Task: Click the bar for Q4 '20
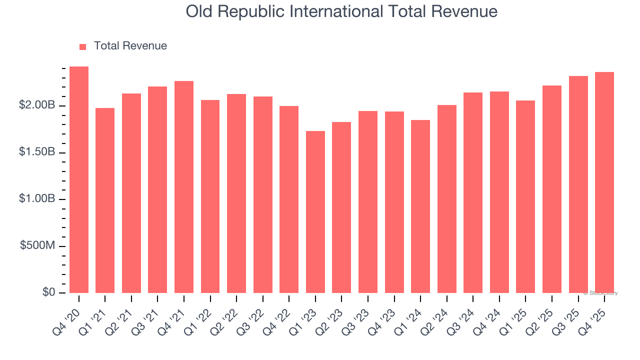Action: pos(79,179)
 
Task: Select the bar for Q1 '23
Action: pos(315,212)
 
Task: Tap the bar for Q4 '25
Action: pos(604,182)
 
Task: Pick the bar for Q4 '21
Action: pos(184,187)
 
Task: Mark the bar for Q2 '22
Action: pos(236,193)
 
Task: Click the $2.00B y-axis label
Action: pos(37,105)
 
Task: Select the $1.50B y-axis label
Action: pos(37,152)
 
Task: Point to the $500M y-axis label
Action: pos(38,245)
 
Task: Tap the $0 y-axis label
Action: pos(48,292)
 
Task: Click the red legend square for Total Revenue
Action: pos(83,46)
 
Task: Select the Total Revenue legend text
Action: pos(130,46)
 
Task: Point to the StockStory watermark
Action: pos(600,293)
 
